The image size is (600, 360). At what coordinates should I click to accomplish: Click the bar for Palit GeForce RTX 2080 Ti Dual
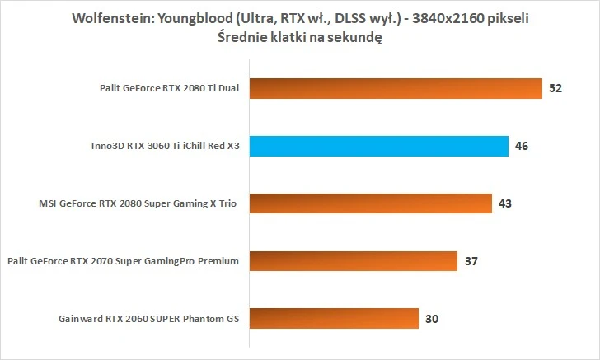point(394,89)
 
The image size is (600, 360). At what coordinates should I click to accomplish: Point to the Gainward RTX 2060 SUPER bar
point(332,318)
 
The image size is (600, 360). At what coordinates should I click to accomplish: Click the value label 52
point(555,89)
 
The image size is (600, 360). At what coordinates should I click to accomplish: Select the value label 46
point(521,147)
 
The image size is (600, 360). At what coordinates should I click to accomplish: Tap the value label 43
point(504,203)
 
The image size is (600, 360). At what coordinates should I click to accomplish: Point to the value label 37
point(471,261)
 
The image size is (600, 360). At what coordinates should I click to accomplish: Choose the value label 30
point(431,318)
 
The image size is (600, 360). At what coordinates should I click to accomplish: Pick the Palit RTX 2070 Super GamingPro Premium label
point(123,261)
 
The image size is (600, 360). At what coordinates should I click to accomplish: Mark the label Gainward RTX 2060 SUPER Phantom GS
point(149,318)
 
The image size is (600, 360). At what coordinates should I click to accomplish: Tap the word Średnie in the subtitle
point(246,37)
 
